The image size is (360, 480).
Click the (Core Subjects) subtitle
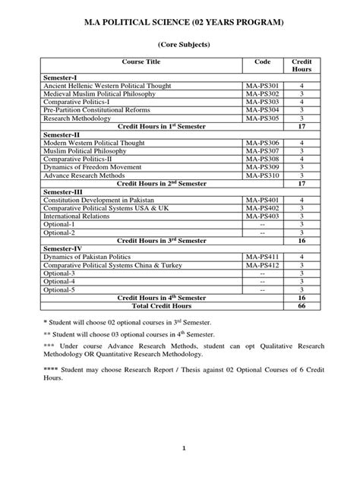179,46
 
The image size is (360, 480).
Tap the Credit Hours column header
302,65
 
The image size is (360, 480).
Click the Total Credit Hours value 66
302,306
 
